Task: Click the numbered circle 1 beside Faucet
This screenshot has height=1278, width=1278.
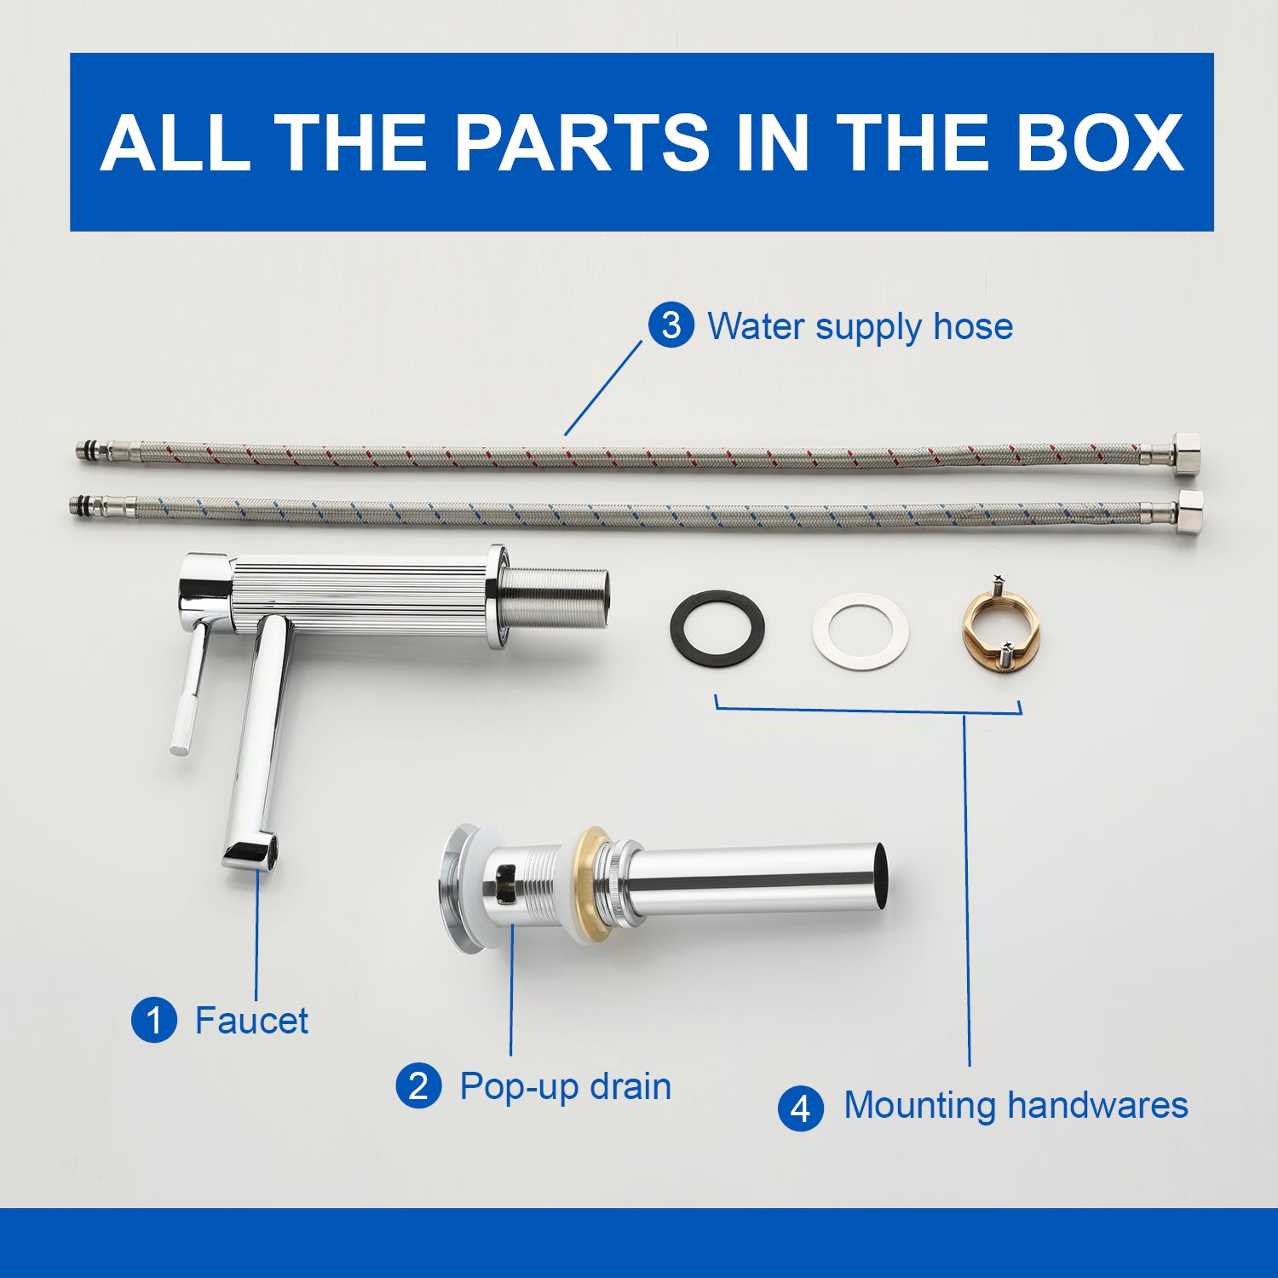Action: coord(154,1020)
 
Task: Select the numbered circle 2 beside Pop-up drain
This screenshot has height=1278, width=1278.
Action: coord(418,1086)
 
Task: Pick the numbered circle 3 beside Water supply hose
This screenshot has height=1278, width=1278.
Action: coord(671,325)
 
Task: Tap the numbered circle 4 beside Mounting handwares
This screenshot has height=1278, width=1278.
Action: coord(801,1108)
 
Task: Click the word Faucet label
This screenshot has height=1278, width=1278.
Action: coord(251,1020)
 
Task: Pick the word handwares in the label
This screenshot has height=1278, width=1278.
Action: coord(1098,1105)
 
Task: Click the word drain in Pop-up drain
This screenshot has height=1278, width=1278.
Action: coord(630,1086)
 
